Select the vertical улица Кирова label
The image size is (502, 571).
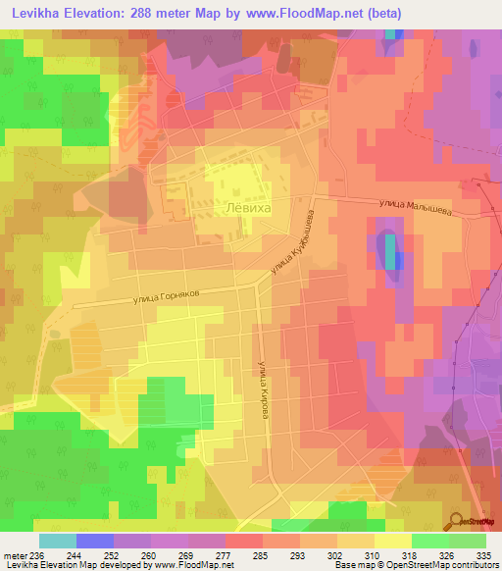[263, 390]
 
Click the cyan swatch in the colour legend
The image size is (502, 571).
[57, 541]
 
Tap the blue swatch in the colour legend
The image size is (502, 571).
[95, 541]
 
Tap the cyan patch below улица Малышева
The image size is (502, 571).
[391, 252]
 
